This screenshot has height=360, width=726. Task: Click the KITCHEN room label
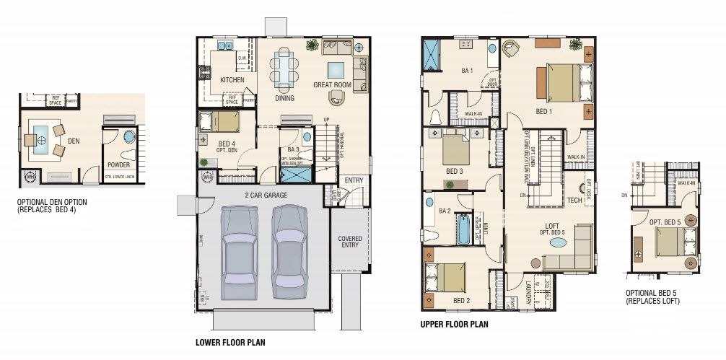232,80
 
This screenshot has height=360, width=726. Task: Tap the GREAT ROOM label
332,85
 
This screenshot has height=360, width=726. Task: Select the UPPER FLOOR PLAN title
454,325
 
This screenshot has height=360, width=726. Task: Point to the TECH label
574,201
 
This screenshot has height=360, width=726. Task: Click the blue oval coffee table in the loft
559,243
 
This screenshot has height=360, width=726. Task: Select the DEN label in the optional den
74,141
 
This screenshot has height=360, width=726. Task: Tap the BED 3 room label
454,172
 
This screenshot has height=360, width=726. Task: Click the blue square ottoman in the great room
336,69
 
